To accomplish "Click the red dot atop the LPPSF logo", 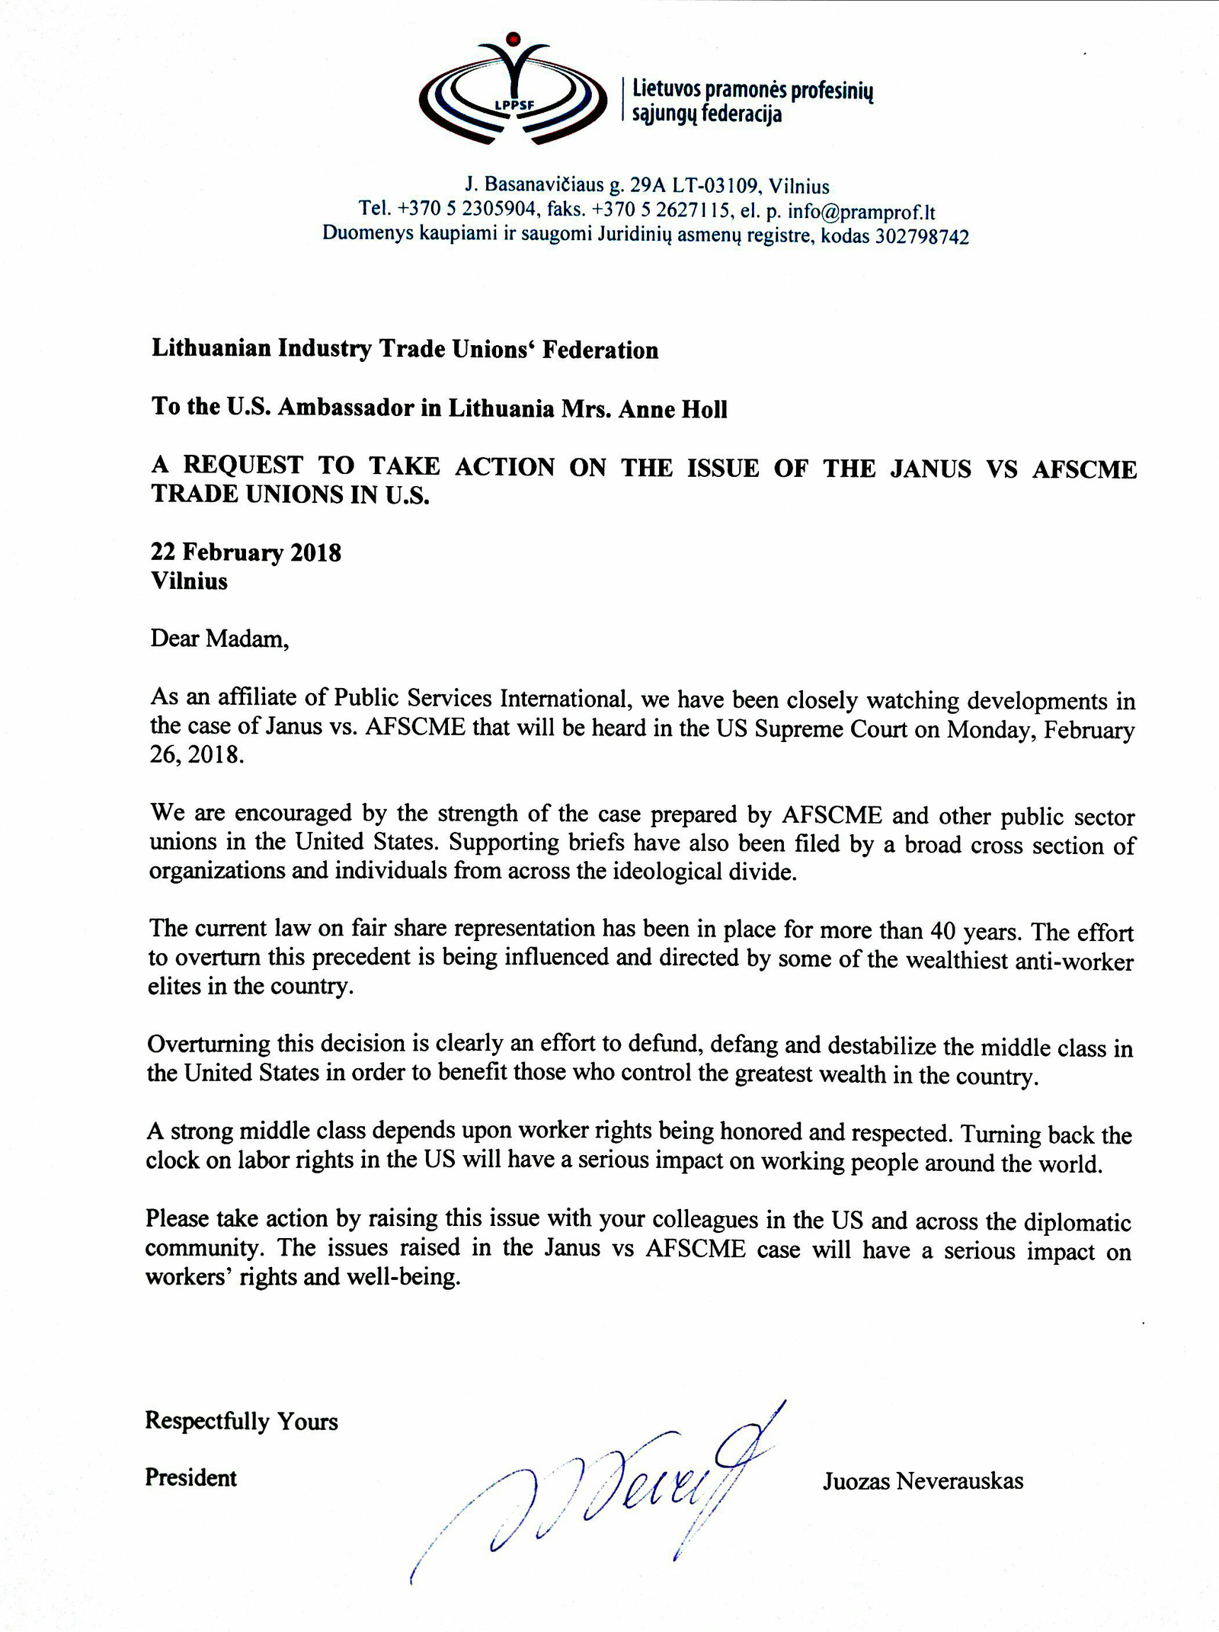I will point(514,38).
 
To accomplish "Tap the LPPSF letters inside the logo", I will point(514,105).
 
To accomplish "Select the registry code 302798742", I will point(922,237).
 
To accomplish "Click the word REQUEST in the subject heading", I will point(242,465).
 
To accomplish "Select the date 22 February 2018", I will point(245,552).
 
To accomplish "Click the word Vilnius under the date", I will point(189,581).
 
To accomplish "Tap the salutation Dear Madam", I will point(219,638).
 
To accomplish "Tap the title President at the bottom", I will point(190,1478).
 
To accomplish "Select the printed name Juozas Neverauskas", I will point(923,1481).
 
